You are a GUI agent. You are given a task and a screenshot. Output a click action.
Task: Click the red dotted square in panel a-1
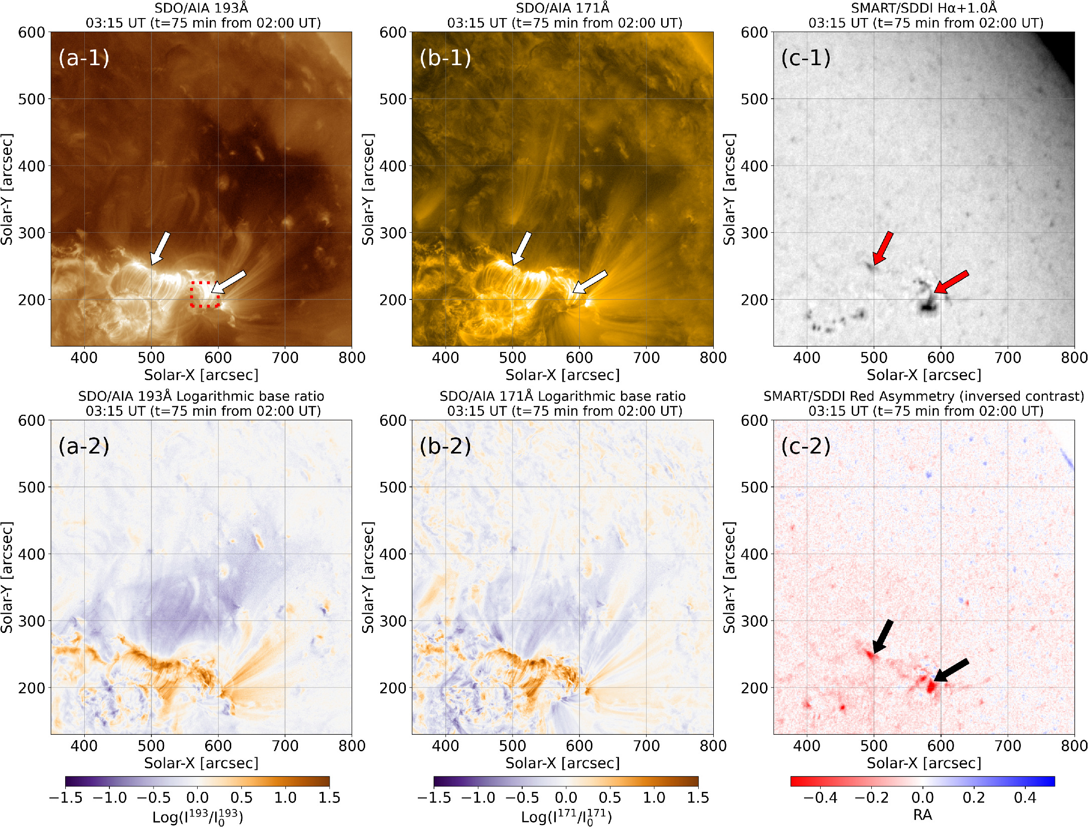point(205,294)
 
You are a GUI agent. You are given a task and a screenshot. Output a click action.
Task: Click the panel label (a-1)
point(84,58)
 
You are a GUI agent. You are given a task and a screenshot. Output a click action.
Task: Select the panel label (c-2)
point(806,446)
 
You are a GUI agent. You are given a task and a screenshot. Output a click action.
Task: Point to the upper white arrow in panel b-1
point(521,248)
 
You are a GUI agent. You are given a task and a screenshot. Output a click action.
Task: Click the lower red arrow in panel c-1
point(951,282)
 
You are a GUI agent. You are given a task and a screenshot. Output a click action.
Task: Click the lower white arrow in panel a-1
point(229,282)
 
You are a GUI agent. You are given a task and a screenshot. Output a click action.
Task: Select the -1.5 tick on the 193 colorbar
point(66,798)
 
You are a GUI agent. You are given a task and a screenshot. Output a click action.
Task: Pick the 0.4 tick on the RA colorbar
point(1025,798)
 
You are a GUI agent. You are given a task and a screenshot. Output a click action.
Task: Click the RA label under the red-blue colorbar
point(922,815)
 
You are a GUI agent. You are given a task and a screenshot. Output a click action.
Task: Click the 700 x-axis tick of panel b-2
point(646,746)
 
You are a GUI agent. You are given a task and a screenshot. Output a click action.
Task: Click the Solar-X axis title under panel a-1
point(201,375)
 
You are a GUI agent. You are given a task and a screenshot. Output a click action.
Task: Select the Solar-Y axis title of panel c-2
point(729,577)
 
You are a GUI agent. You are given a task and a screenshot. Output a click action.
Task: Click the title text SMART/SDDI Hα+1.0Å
point(923,8)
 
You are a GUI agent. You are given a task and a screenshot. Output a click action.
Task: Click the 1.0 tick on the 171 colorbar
point(654,798)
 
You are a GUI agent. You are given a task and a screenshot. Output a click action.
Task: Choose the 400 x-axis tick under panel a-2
point(84,746)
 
